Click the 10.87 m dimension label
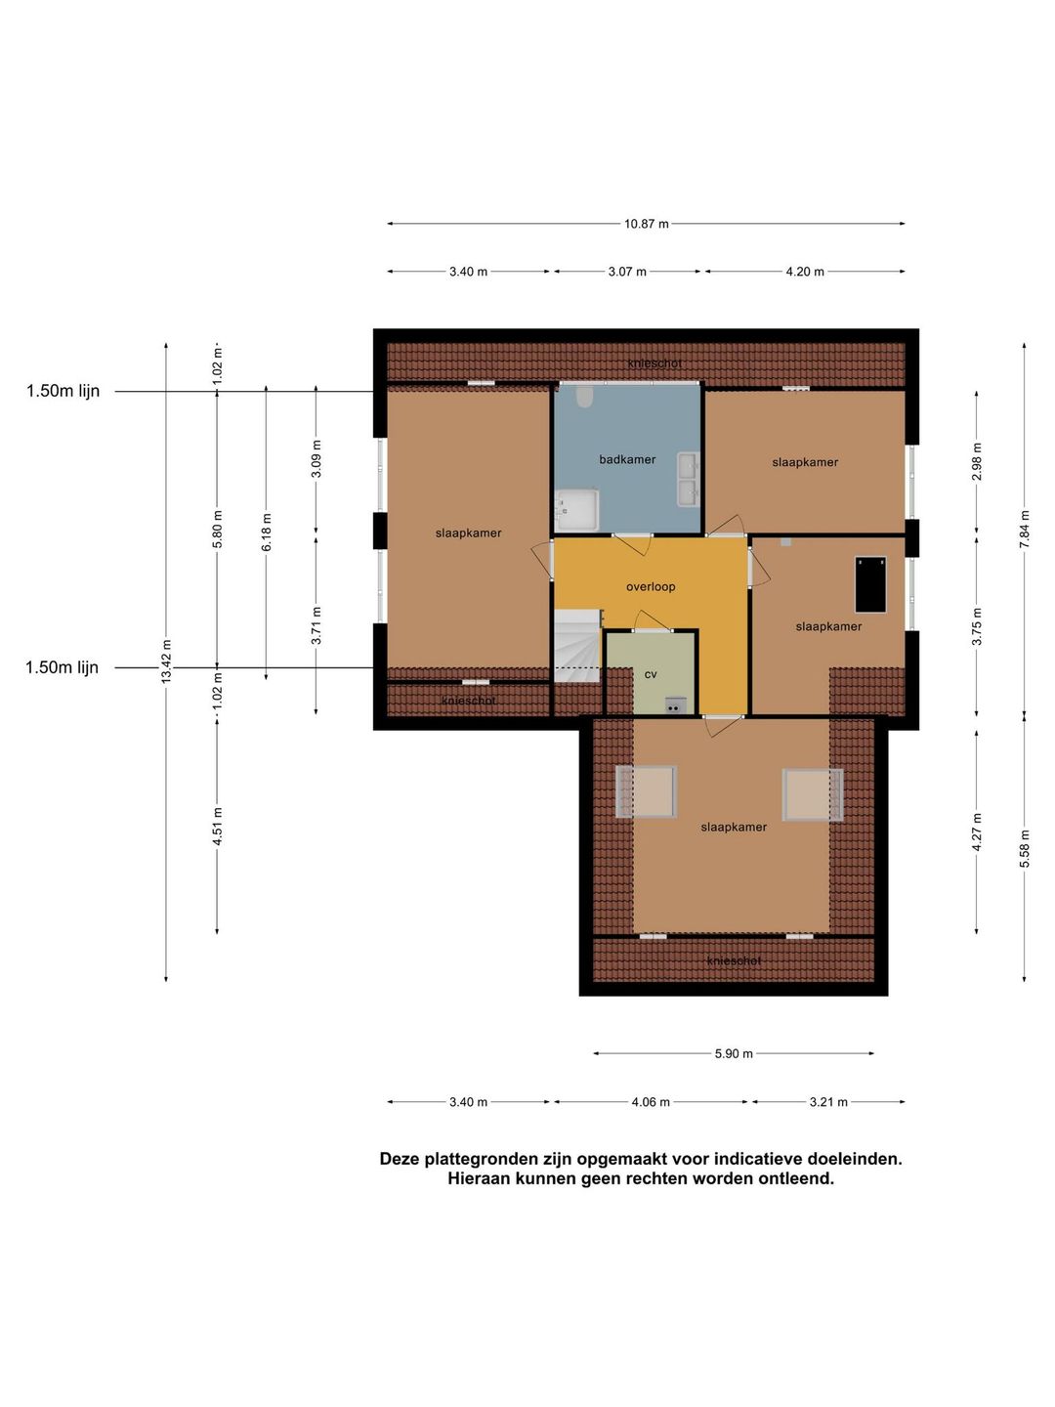click(646, 224)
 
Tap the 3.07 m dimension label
click(627, 272)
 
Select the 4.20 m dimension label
click(805, 272)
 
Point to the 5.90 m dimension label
click(734, 1053)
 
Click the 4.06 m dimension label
click(651, 1102)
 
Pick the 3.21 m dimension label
click(828, 1102)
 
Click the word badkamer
click(627, 459)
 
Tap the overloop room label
click(651, 586)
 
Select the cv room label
click(651, 674)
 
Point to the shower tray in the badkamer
click(576, 510)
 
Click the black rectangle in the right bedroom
click(870, 584)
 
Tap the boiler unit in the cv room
click(674, 705)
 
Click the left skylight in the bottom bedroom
click(647, 791)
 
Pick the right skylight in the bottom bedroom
click(812, 794)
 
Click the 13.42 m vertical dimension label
click(166, 661)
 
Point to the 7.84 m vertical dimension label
click(1025, 529)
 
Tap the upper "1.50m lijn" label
click(63, 391)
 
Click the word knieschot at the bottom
click(734, 960)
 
